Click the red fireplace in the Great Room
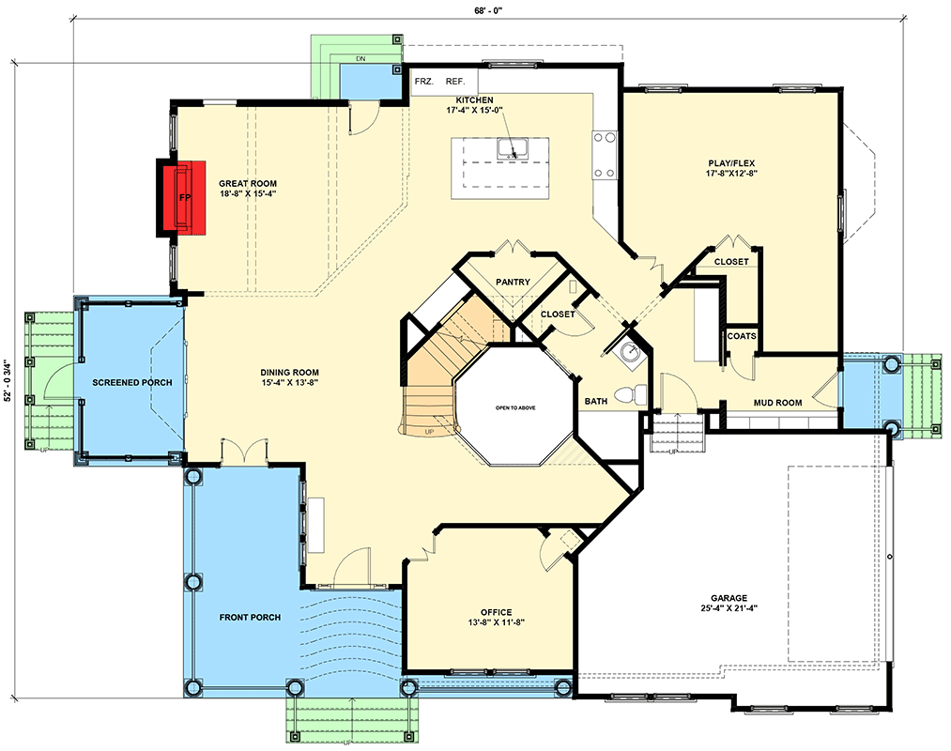(183, 198)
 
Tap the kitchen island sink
(513, 148)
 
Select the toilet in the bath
(637, 393)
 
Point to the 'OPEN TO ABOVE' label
(515, 407)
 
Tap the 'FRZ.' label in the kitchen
(423, 82)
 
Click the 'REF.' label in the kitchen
(455, 82)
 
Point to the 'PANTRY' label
(514, 282)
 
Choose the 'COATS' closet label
(741, 336)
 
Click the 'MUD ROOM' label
(777, 403)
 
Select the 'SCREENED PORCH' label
(130, 383)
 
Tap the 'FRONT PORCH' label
(249, 617)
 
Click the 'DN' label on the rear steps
(360, 59)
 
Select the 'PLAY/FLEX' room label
(730, 163)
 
